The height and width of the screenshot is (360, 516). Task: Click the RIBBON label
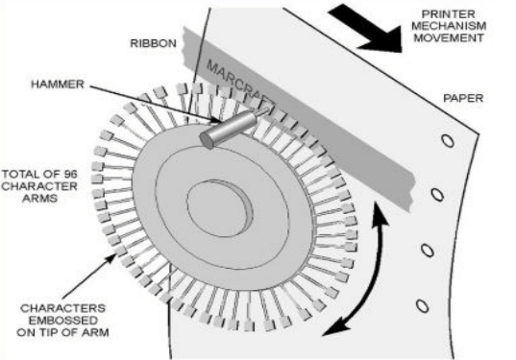tap(154, 43)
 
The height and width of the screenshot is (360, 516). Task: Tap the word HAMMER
tap(58, 84)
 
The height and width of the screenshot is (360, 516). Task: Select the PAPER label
tap(463, 98)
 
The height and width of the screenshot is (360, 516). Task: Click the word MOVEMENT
tap(449, 37)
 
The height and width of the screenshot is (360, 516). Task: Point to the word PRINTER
tap(449, 14)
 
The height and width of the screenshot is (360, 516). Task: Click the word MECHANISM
tap(449, 26)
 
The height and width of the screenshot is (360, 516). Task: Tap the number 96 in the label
tap(69, 174)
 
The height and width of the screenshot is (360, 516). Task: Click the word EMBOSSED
tap(63, 321)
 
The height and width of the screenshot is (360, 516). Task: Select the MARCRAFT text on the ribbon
tap(239, 82)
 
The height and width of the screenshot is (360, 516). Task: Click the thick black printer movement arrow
tap(367, 29)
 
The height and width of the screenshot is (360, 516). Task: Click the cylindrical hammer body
tap(231, 128)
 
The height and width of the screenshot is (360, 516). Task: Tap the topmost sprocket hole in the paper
tap(448, 141)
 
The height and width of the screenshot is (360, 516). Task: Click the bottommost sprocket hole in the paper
tap(422, 305)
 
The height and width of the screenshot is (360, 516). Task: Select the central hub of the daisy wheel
tap(219, 208)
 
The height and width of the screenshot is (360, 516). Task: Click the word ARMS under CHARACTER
tap(39, 199)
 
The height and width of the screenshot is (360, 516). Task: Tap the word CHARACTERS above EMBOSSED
tap(62, 308)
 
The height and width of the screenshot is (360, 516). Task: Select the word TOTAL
tap(23, 174)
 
